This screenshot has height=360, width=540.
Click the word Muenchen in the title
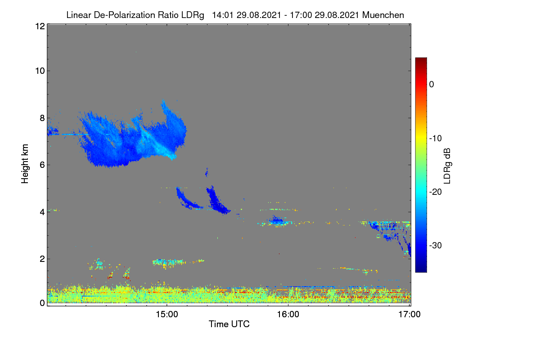click(383, 15)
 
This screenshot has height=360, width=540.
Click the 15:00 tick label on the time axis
click(167, 315)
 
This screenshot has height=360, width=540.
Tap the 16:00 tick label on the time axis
click(288, 315)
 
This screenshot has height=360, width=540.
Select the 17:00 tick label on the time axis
click(409, 315)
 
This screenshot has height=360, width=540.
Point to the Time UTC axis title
click(229, 324)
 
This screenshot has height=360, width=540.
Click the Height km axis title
click(25, 164)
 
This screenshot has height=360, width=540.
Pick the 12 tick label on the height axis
click(40, 26)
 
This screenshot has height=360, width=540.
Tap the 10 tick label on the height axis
click(40, 71)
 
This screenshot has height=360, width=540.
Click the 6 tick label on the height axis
click(42, 165)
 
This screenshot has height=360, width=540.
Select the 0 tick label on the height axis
click(42, 303)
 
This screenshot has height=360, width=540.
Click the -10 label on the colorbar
click(436, 139)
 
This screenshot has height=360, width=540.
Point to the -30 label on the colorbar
click(436, 245)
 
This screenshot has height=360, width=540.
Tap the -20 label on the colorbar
click(436, 192)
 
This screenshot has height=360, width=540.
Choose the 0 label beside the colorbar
click(432, 85)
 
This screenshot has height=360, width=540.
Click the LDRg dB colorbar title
click(447, 166)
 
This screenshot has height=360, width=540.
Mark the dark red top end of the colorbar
click(421, 58)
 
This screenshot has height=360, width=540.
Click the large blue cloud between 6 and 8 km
click(126, 142)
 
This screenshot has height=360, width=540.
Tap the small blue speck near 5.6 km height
click(207, 172)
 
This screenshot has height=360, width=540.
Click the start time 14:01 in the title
click(223, 15)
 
